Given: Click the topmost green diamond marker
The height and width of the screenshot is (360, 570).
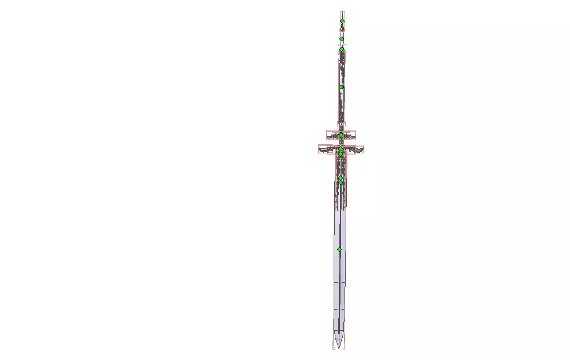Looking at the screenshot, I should [342, 21].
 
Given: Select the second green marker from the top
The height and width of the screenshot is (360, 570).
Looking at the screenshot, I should [342, 39].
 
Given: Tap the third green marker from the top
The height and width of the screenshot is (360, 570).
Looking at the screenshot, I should [342, 49].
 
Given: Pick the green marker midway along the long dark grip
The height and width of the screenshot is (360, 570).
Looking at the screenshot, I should [341, 87].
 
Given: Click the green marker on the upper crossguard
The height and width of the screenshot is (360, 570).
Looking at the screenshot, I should [341, 135].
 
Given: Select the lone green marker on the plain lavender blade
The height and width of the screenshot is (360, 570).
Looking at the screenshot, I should [339, 250].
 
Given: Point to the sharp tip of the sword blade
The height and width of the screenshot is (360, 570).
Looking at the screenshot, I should [338, 347].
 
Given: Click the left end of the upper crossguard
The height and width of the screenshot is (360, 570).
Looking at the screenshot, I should [327, 136].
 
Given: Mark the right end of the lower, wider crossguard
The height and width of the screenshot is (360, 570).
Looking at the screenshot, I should [364, 149].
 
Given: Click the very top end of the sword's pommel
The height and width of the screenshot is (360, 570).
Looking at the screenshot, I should [342, 12].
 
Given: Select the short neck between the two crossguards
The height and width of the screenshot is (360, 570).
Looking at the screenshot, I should [341, 143].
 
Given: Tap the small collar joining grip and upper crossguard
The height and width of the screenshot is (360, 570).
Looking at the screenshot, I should [341, 125].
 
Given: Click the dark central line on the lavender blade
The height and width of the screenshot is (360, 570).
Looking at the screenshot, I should [339, 275].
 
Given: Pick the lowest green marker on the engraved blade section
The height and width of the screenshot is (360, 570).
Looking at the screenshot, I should [340, 183].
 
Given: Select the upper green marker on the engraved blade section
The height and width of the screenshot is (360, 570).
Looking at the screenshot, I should [340, 178].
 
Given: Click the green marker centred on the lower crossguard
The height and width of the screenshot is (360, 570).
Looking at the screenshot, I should [341, 149].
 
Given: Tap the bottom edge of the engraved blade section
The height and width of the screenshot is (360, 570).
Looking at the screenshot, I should [340, 210].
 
